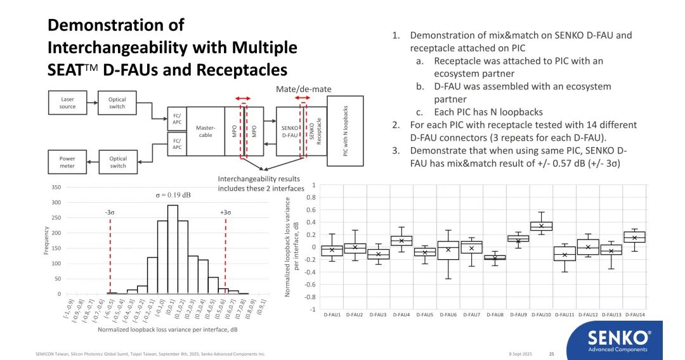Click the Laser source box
pos(67,103)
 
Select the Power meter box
pos(67,162)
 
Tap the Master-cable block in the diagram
pos(205,131)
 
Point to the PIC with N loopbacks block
pos(345,131)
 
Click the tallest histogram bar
pos(173,249)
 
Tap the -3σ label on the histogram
pos(110,212)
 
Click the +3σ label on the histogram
pos(225,212)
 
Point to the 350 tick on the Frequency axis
pos(56,187)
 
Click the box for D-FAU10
pos(541,226)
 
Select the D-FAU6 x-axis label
pos(448,314)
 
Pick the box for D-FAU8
pos(495,257)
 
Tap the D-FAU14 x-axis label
pos(634,314)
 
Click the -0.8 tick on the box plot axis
pos(310,297)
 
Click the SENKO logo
pos(618,340)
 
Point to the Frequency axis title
pos(46,241)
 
